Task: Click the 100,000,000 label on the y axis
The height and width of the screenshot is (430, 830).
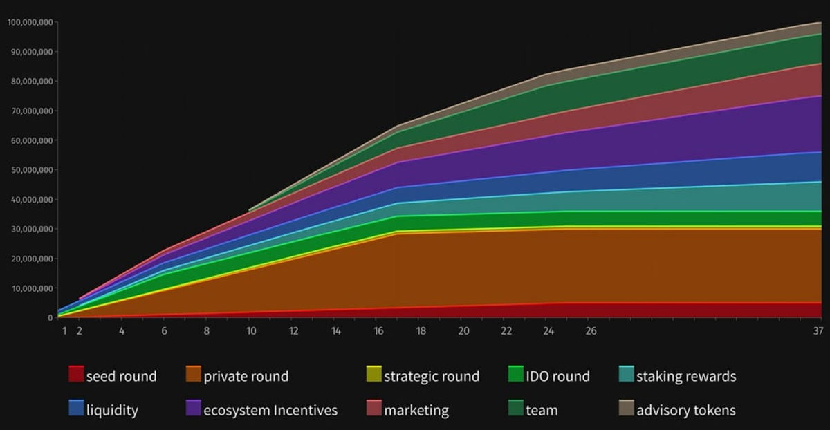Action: (x=30, y=22)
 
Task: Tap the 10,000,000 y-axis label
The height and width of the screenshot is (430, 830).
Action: (x=33, y=288)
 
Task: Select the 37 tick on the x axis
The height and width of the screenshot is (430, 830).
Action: (x=818, y=331)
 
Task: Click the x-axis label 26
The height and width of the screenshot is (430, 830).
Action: (x=591, y=331)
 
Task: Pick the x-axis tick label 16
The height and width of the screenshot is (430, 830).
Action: (x=378, y=331)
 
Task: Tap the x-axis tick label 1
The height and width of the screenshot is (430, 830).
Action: (x=64, y=331)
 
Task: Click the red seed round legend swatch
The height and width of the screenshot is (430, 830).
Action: (x=76, y=375)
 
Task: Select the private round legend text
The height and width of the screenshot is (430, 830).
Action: (x=246, y=377)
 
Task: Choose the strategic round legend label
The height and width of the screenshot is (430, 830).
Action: (x=432, y=377)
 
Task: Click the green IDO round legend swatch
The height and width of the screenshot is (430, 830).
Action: (x=515, y=375)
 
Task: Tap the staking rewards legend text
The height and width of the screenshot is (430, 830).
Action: (x=686, y=377)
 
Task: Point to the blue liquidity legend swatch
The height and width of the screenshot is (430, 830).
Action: (x=76, y=409)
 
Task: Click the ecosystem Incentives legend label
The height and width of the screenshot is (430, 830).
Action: (x=270, y=411)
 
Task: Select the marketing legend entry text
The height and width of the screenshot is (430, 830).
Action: (x=416, y=411)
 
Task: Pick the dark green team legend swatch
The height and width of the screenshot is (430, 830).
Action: (x=515, y=409)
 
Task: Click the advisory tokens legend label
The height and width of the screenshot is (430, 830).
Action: (x=686, y=411)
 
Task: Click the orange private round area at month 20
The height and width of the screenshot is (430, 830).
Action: (x=463, y=270)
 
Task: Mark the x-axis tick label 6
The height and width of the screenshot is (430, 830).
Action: (x=165, y=331)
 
